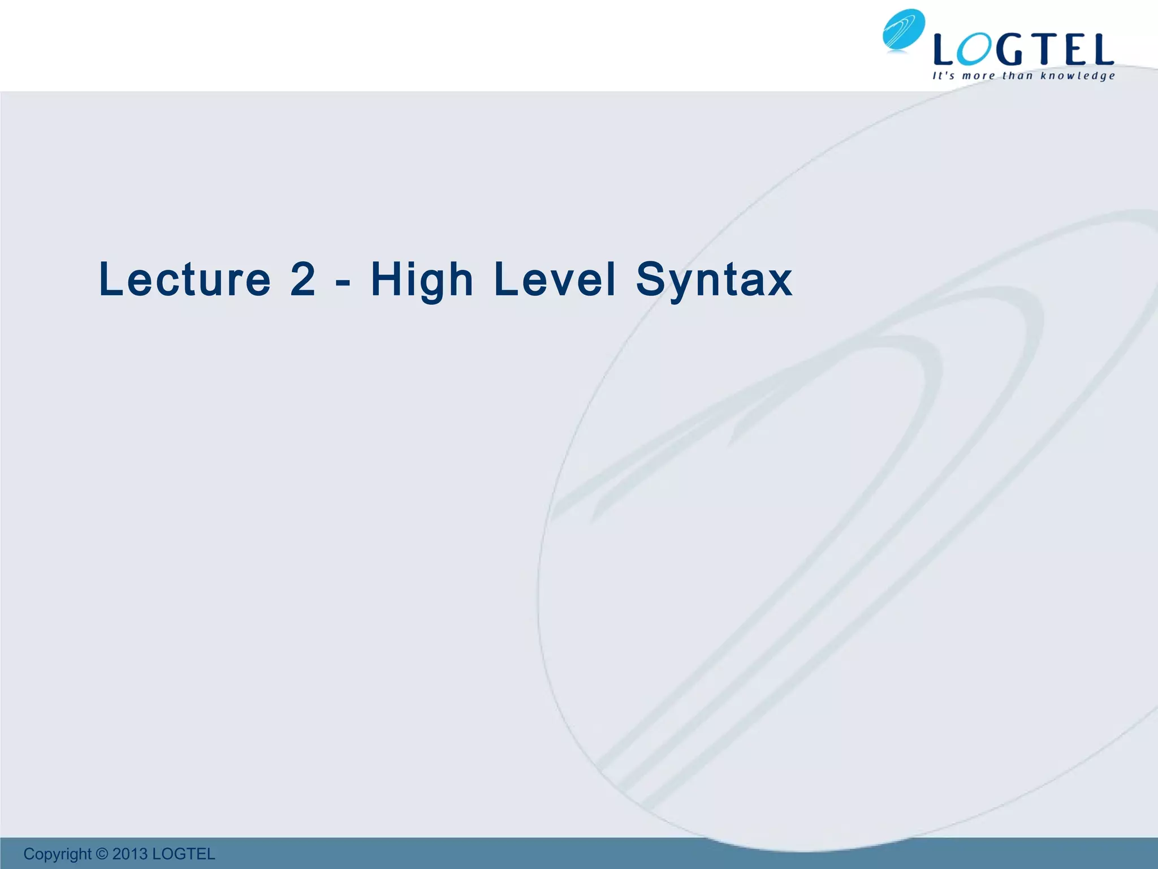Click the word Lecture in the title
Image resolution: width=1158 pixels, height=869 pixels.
coord(185,279)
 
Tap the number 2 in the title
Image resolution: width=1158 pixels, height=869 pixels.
coord(303,279)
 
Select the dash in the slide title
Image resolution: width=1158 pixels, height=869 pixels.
coord(343,282)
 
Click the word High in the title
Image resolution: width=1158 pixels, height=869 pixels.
coord(422,281)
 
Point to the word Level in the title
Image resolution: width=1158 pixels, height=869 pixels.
coord(554,279)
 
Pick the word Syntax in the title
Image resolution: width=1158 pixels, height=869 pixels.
coord(714,281)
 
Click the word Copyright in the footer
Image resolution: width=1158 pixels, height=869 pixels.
coord(57,854)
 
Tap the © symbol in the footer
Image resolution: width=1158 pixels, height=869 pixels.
coord(102,854)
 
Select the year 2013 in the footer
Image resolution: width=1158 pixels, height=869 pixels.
coord(129,854)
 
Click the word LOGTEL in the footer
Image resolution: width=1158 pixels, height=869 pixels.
coord(184,854)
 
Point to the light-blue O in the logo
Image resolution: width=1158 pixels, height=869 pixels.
coord(974,50)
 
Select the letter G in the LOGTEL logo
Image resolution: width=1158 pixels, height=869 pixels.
coord(1010,50)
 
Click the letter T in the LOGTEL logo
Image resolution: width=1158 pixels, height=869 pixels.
coord(1044,50)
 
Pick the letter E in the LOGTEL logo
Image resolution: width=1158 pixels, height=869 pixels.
coord(1074,50)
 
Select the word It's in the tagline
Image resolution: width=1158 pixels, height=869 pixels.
coord(943,76)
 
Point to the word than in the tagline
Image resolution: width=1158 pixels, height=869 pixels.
coord(1017,76)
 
